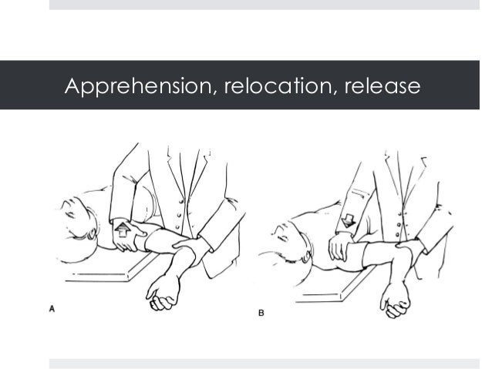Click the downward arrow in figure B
346,220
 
